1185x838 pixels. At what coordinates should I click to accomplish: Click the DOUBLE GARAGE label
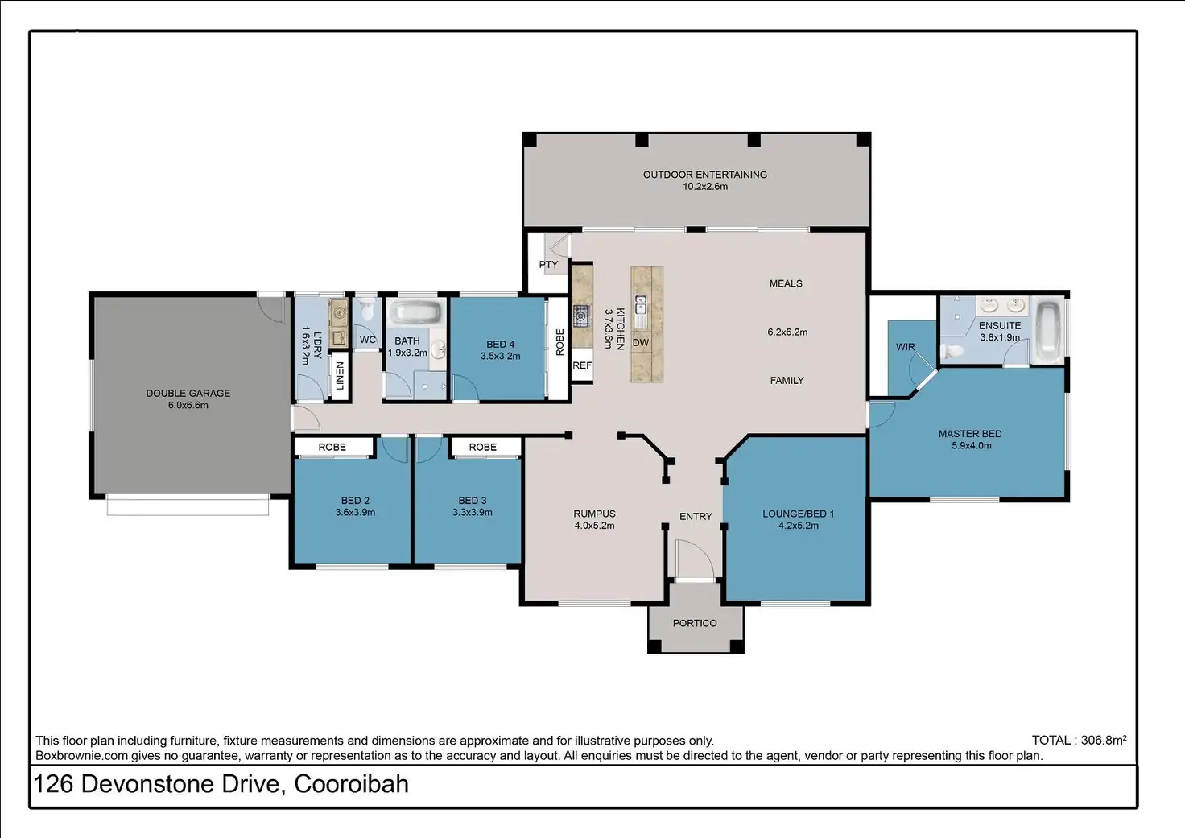tap(188, 393)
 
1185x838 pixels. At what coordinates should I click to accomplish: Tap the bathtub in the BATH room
tap(415, 312)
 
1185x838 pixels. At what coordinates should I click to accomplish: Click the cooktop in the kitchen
tap(581, 316)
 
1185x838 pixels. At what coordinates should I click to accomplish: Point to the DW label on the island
tap(640, 342)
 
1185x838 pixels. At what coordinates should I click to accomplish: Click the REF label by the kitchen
tap(582, 365)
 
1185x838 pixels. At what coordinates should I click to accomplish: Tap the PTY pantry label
tap(548, 265)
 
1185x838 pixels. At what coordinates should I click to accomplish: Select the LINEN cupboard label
tap(340, 376)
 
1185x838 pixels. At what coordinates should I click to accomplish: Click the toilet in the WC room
tap(366, 309)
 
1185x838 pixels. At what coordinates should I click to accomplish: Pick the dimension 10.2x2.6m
tap(704, 186)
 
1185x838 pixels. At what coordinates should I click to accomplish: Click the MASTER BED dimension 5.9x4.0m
tap(972, 445)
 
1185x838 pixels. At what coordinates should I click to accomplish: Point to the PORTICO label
tap(695, 623)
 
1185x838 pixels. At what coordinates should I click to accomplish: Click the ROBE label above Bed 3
tap(482, 447)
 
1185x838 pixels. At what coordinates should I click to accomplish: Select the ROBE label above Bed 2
tap(332, 447)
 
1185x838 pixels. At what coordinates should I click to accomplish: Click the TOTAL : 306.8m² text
tap(1079, 740)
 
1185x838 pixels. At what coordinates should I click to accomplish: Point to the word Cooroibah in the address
tap(351, 784)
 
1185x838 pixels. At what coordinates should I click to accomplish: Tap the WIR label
tap(905, 347)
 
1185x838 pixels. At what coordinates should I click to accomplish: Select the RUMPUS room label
tap(594, 514)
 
